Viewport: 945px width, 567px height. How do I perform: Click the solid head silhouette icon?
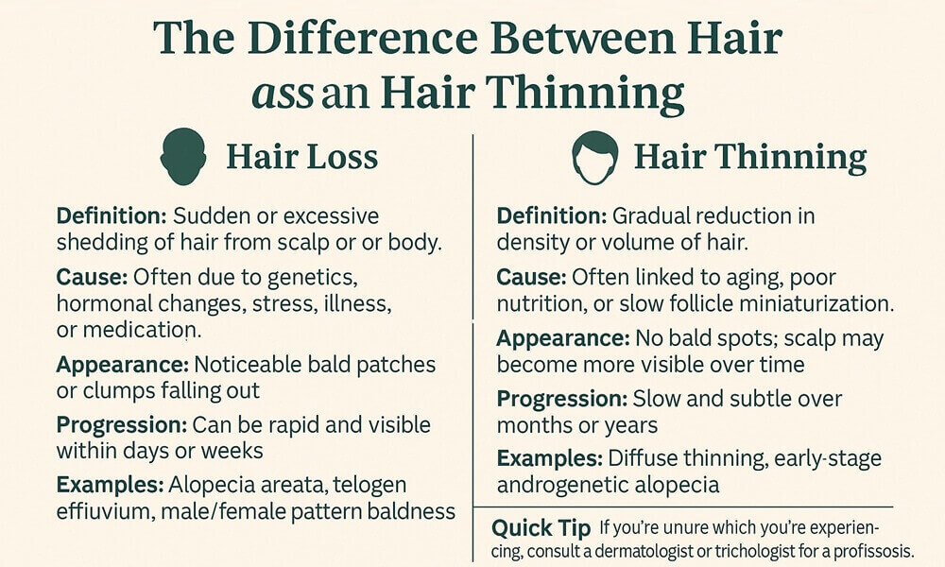coord(183,156)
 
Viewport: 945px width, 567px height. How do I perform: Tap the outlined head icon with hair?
coord(594,157)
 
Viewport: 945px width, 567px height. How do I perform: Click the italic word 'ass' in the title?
coord(283,93)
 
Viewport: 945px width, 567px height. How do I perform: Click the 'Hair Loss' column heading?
coord(302,157)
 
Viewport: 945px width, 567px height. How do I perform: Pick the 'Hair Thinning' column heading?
coord(750,157)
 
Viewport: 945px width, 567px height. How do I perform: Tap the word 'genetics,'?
coord(312,278)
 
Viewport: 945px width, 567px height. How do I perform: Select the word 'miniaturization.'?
coord(816,303)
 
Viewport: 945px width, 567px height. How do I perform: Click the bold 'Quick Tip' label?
coord(541,528)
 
